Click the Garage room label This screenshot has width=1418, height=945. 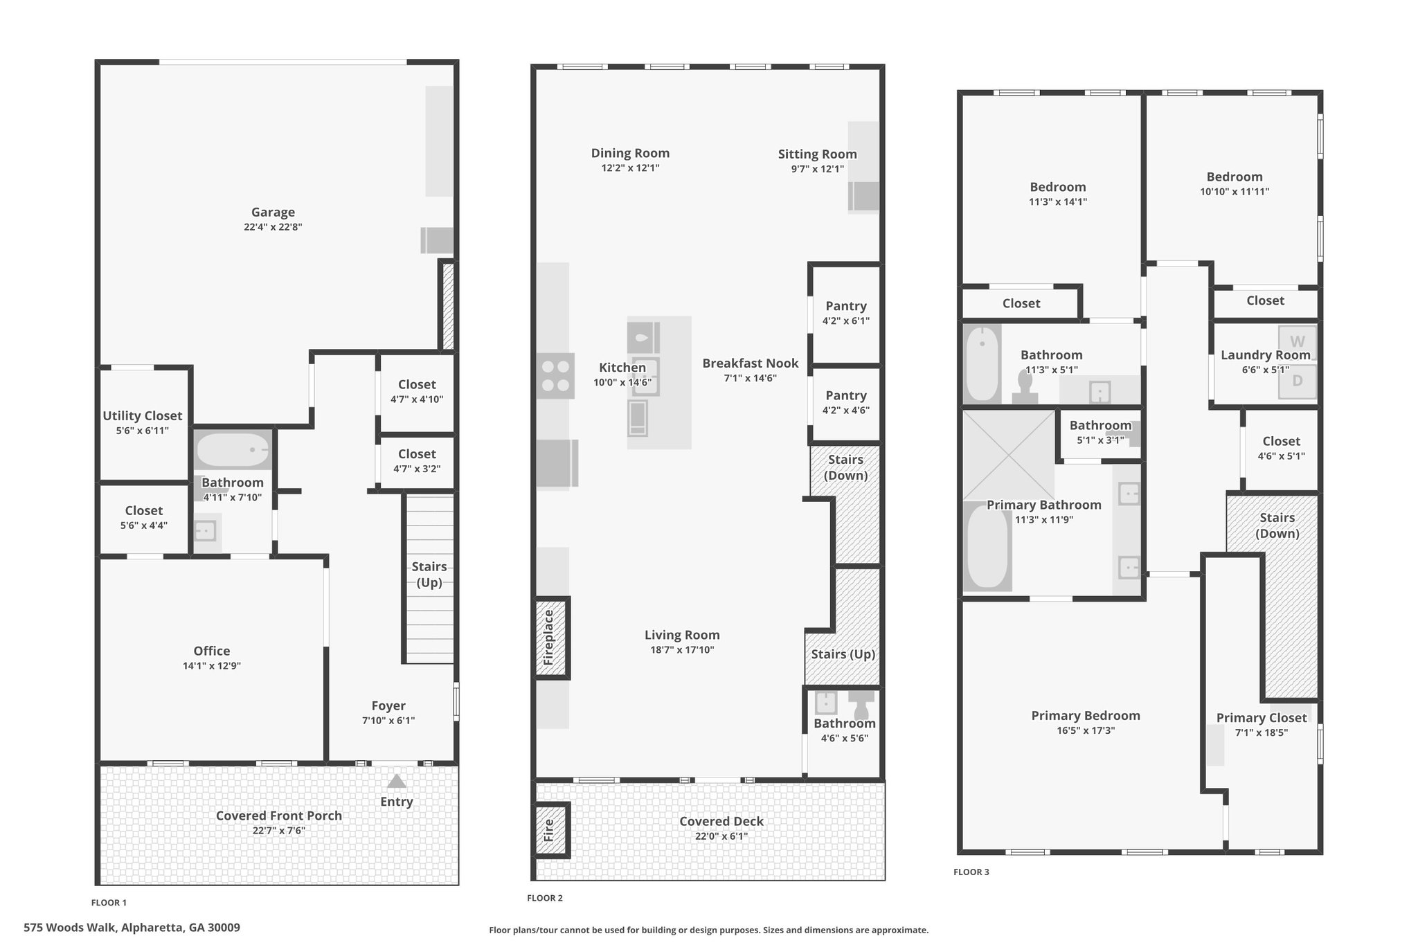[273, 213]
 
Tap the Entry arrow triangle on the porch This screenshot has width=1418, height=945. [396, 781]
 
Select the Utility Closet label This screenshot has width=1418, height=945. [143, 416]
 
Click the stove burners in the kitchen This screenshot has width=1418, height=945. [555, 376]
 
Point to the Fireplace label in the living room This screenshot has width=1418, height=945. [549, 638]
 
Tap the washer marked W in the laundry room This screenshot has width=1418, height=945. [1298, 341]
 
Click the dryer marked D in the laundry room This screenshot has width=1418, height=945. [1298, 381]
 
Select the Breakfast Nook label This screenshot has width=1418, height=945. [751, 363]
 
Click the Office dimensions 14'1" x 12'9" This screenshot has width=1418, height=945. [212, 666]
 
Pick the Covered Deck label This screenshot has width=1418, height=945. [721, 822]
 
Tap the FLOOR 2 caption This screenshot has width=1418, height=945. [545, 899]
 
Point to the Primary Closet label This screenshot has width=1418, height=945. [1262, 718]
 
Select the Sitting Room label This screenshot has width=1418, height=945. [818, 154]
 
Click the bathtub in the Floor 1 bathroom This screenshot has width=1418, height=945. [233, 450]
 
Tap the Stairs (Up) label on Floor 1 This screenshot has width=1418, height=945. [429, 575]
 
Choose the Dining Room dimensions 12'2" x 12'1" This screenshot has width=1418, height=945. [630, 168]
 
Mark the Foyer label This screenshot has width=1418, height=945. [388, 706]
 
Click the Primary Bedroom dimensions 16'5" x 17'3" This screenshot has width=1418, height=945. [1086, 730]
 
